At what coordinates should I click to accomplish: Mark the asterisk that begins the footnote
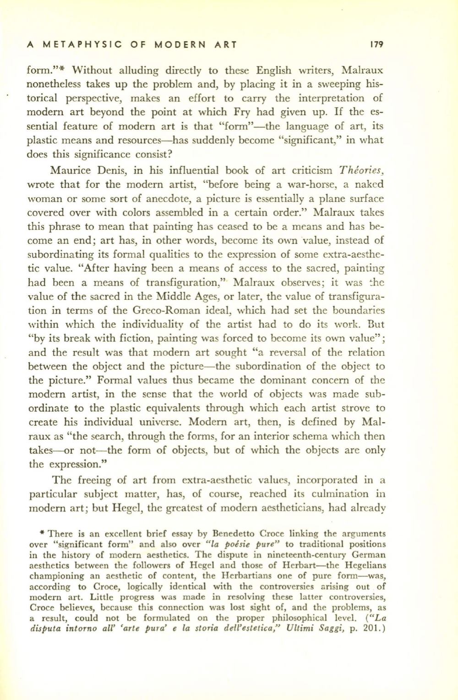pos(42,533)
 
